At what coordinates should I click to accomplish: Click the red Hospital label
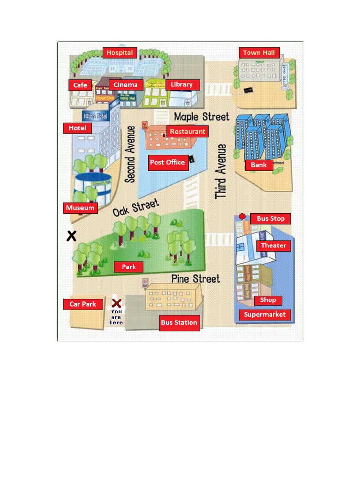tap(120, 52)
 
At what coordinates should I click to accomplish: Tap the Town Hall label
tap(259, 52)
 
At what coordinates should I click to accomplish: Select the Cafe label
tap(80, 85)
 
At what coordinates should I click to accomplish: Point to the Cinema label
tap(126, 85)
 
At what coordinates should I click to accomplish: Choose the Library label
tap(182, 84)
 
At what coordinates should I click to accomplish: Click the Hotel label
tap(77, 128)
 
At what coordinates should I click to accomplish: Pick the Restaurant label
tap(187, 132)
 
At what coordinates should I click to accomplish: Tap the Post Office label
tap(168, 162)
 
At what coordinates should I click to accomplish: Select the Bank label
tap(259, 165)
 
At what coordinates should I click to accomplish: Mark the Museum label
tap(80, 208)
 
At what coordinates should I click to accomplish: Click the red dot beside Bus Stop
tap(242, 217)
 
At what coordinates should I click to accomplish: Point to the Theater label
tap(273, 246)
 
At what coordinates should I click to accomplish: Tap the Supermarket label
tap(264, 315)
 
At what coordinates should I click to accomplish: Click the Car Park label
tap(83, 304)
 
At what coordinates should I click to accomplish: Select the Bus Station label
tap(179, 322)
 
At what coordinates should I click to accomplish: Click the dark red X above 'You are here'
tap(117, 303)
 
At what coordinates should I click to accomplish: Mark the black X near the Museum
tap(71, 236)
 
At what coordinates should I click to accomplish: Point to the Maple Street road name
tap(202, 117)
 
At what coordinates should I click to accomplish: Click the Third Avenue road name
tap(221, 171)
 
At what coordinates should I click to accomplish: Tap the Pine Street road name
tap(195, 279)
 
